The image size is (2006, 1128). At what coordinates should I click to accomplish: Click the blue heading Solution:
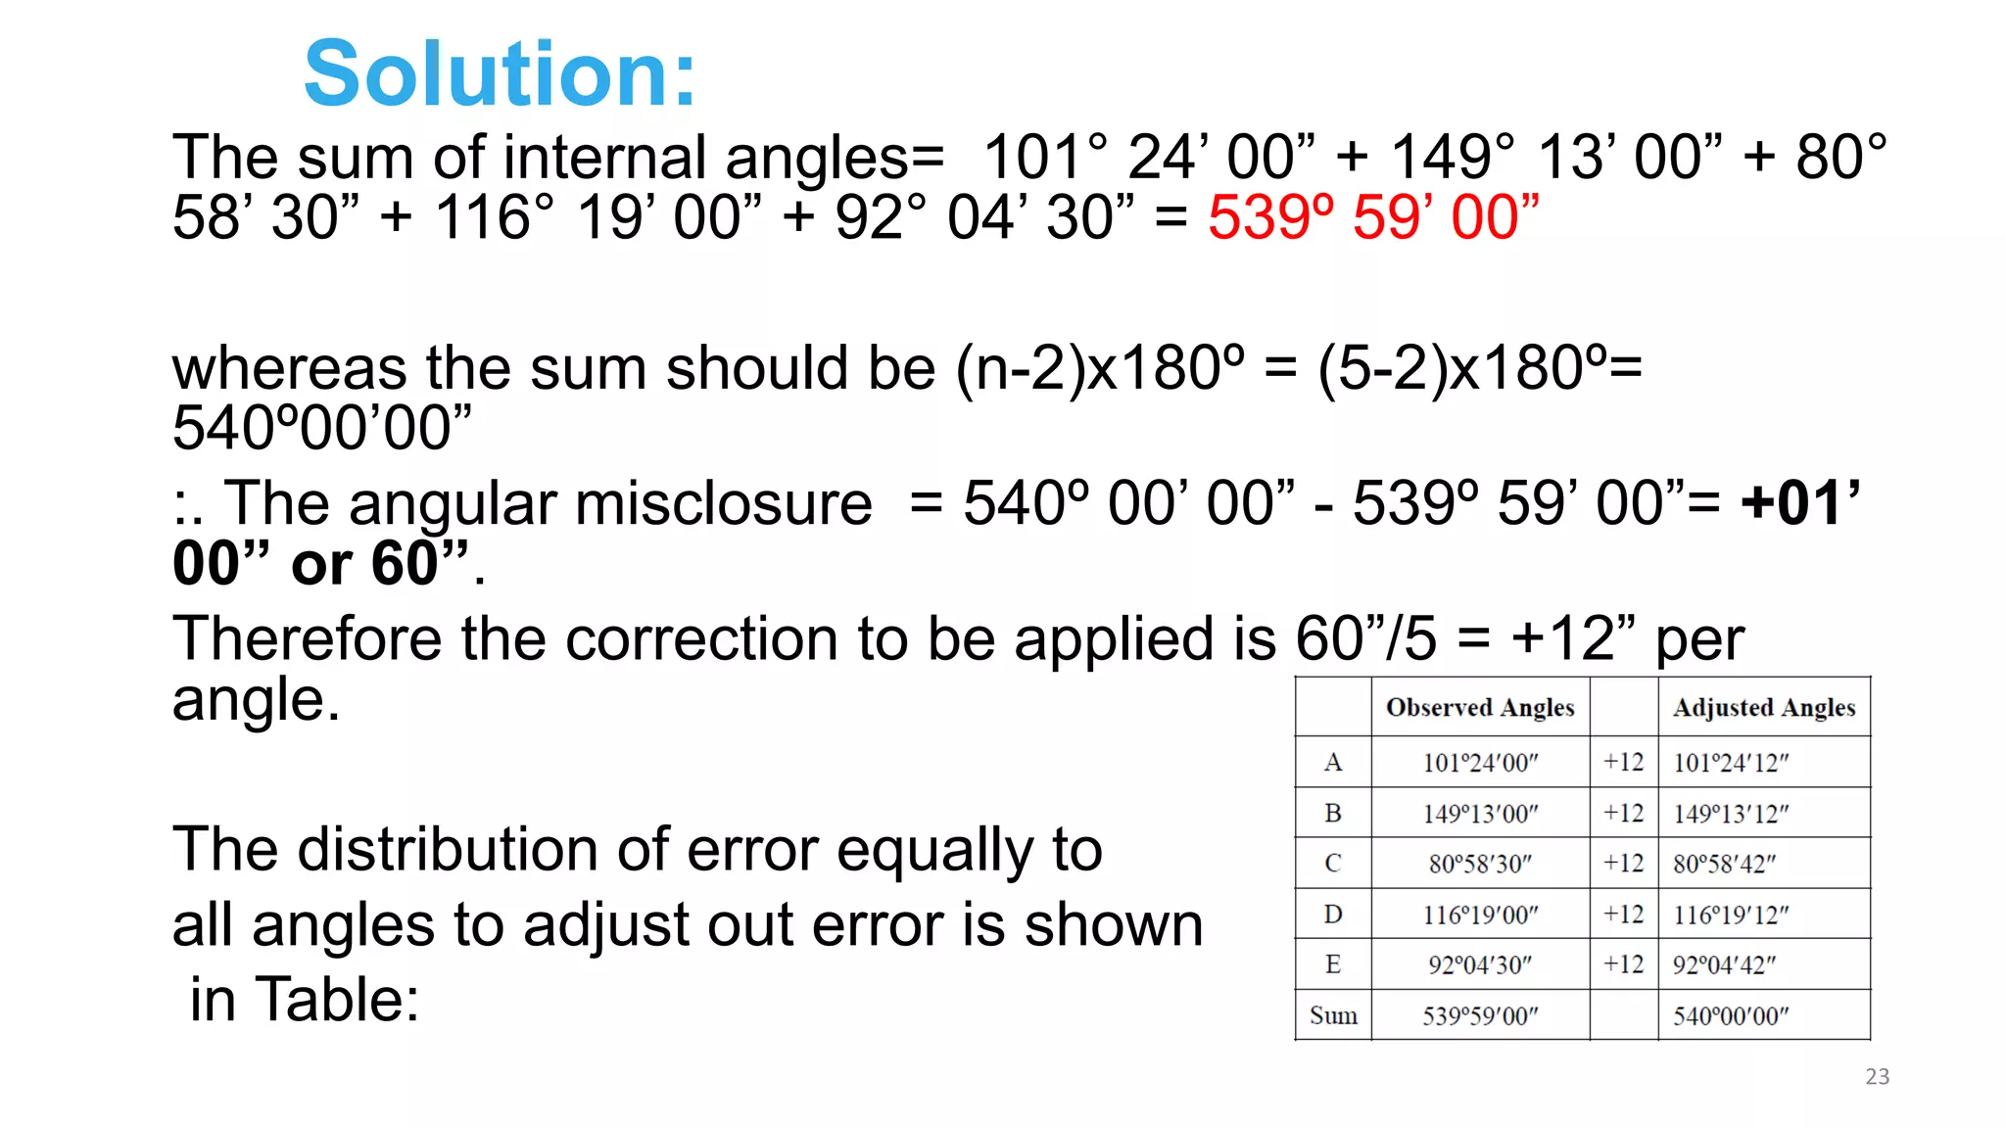(x=500, y=74)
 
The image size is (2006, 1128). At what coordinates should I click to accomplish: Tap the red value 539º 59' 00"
(x=1373, y=217)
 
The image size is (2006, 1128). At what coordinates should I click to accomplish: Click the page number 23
(x=1877, y=1077)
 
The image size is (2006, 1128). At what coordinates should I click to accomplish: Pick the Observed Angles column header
(x=1480, y=707)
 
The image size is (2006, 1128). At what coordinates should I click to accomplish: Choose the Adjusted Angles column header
(x=1763, y=707)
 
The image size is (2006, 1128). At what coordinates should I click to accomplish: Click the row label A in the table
(x=1332, y=762)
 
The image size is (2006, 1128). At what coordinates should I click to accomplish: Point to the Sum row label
(x=1333, y=1015)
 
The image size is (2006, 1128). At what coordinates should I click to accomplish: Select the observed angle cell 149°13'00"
(x=1480, y=814)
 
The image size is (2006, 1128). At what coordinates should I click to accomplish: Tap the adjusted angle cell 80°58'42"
(x=1724, y=864)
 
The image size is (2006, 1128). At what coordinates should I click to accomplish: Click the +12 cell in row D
(x=1623, y=915)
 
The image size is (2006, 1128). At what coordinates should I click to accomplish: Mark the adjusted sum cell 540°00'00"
(x=1731, y=1016)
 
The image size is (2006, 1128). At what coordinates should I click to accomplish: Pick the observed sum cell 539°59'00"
(x=1480, y=1016)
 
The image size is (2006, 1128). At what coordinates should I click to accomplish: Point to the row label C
(x=1332, y=864)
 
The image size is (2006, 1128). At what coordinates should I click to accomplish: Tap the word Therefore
(x=308, y=639)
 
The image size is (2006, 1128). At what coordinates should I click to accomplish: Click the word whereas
(x=290, y=370)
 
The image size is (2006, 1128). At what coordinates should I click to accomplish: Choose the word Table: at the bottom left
(x=337, y=1001)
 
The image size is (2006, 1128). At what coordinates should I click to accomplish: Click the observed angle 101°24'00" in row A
(x=1480, y=763)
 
